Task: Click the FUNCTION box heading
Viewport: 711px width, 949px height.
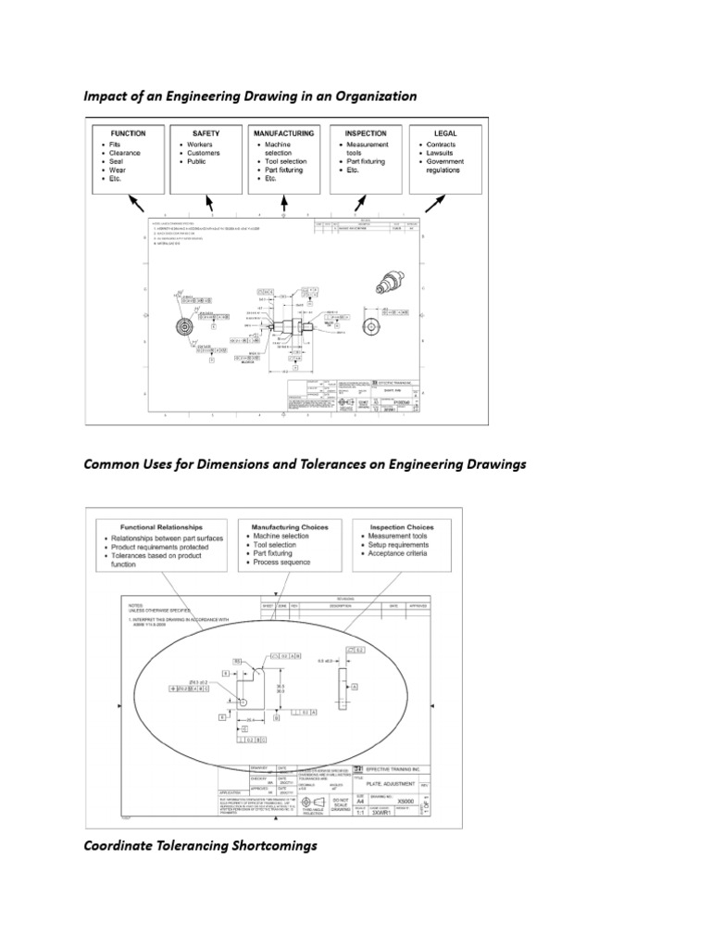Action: point(130,133)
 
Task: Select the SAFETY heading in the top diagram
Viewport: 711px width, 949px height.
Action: point(206,133)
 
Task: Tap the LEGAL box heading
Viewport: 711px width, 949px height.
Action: point(440,133)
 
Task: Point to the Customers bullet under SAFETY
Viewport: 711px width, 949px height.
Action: point(206,153)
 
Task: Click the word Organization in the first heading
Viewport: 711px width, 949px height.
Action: point(373,96)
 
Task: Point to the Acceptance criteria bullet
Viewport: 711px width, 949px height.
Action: point(402,554)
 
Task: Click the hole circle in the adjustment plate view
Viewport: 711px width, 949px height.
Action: point(243,702)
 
